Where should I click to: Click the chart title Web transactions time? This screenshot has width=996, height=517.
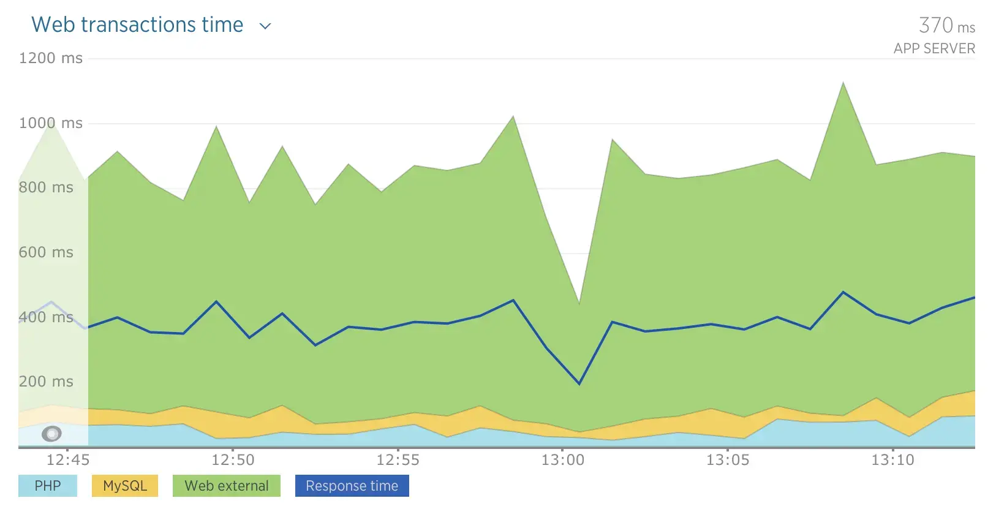click(137, 25)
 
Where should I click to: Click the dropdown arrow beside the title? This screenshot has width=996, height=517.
click(265, 26)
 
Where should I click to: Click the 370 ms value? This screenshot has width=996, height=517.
click(946, 26)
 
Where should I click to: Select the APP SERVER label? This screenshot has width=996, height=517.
click(934, 49)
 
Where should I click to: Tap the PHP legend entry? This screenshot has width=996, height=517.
click(48, 486)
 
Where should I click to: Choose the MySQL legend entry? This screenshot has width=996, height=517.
click(125, 486)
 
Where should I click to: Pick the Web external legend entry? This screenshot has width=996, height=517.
click(227, 486)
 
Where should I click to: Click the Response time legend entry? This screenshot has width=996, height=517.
click(352, 486)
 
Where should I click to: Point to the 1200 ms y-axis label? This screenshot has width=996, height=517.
click(51, 58)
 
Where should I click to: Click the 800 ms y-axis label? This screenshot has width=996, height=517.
click(46, 187)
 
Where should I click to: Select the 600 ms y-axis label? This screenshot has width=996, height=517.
click(46, 252)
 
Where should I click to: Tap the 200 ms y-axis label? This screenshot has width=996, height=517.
click(46, 382)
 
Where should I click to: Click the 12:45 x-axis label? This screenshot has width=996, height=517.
click(68, 459)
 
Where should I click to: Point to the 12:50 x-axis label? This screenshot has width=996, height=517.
click(233, 459)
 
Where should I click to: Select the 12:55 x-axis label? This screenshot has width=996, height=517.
click(398, 459)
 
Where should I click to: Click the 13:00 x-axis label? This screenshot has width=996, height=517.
click(562, 459)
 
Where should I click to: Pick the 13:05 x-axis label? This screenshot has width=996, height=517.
click(728, 459)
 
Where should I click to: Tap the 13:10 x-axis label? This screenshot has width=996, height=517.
click(892, 459)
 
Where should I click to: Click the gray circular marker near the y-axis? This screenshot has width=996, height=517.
click(52, 434)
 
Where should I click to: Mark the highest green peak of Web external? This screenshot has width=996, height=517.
click(843, 83)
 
